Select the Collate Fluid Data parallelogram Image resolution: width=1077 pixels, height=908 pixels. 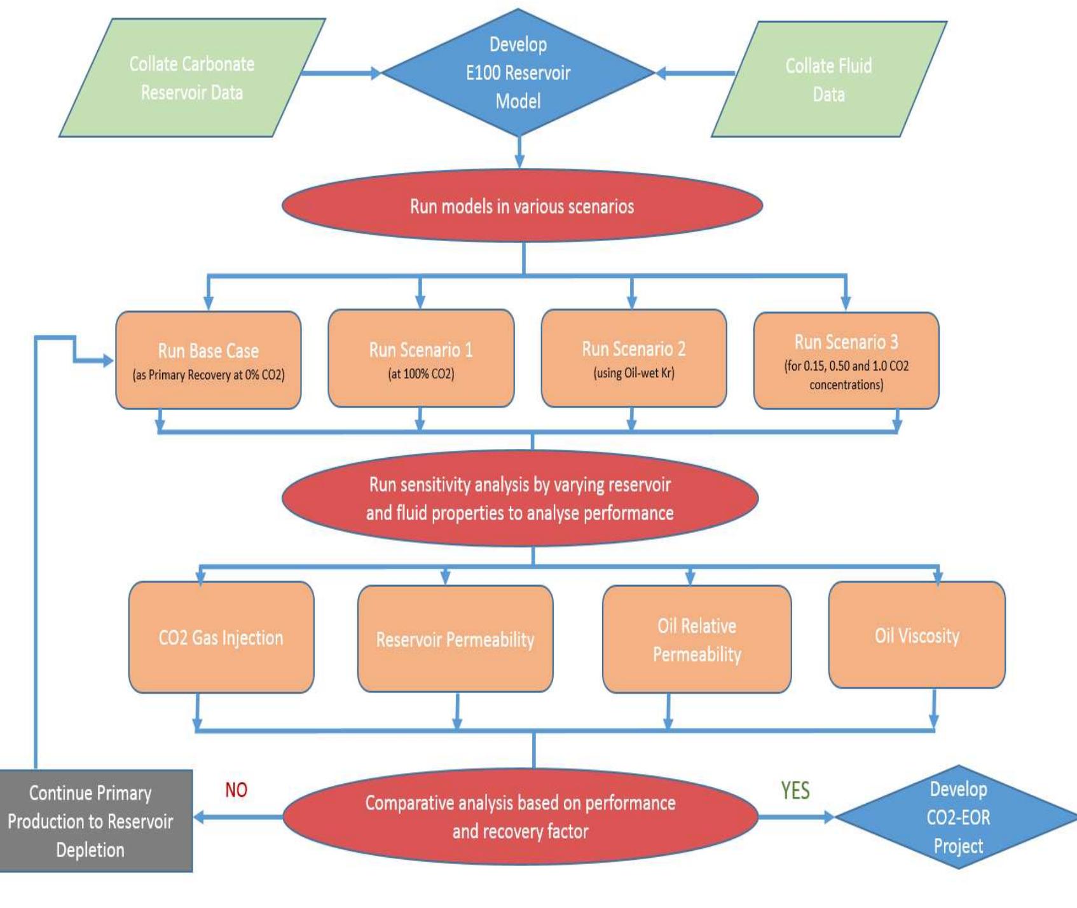coord(828,79)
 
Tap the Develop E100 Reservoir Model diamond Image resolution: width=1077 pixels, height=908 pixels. coord(518,72)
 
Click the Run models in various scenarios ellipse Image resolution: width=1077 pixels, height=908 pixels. coord(522,205)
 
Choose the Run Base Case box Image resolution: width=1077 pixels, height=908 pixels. coord(208,360)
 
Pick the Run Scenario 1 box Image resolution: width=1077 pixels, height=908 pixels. coord(421,359)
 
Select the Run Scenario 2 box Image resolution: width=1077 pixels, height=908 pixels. coord(633,359)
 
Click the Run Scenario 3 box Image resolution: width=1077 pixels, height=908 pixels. coord(846,361)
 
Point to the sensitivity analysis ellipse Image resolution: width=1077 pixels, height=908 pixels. coord(520,499)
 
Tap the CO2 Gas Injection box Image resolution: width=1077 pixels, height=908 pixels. coord(221,637)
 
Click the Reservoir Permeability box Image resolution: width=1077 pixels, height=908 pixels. coord(455,638)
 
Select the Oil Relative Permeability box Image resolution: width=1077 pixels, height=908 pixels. coord(697,639)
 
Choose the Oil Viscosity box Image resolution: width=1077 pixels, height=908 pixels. coord(917,635)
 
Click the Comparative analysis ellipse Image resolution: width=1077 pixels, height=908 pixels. coord(520,816)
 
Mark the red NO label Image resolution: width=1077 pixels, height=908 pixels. coord(236,790)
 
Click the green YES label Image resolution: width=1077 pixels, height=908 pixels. coord(795,790)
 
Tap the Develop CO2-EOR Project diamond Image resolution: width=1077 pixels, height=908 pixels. coord(957,817)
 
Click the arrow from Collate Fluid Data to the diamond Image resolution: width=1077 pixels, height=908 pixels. coord(696,73)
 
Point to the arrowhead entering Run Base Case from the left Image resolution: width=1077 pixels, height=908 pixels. coord(107,361)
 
